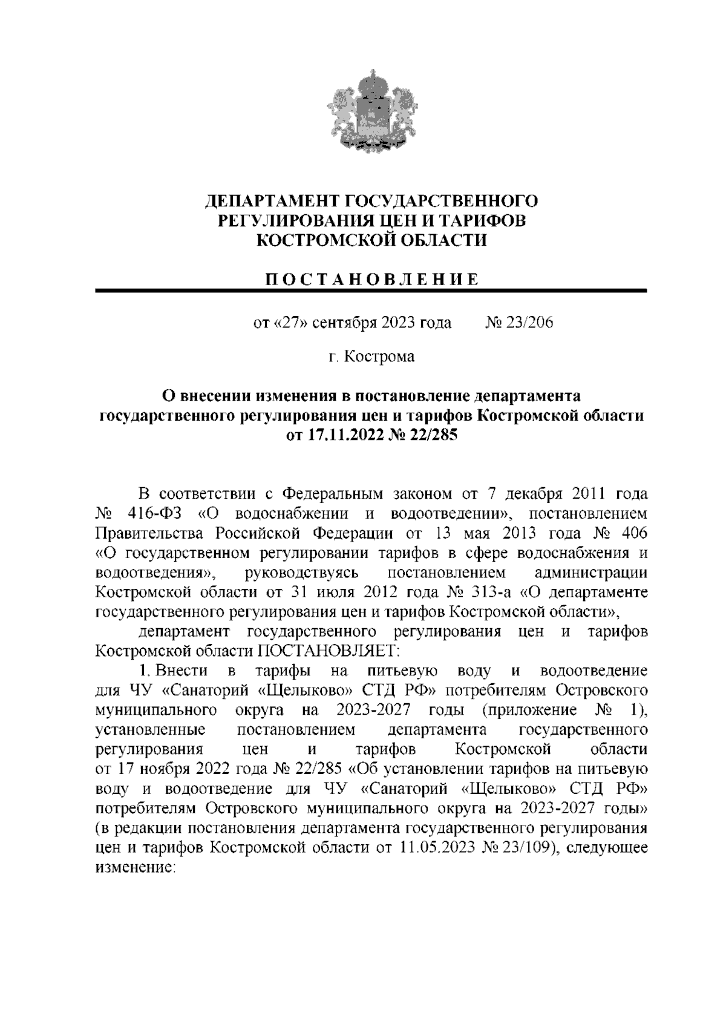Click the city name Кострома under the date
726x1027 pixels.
click(x=379, y=356)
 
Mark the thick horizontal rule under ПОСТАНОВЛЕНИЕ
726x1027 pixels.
click(x=372, y=292)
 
